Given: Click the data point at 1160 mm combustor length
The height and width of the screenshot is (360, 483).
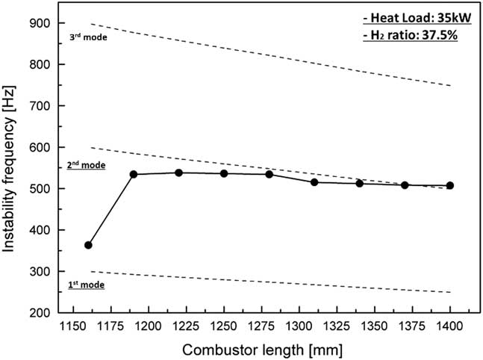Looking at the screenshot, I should coord(88,245).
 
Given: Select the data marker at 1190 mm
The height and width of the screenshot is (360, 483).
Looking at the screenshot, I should coord(134,175).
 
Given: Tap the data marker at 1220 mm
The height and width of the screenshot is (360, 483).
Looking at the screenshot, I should coord(179,173).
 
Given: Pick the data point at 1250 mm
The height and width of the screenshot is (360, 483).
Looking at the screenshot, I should coord(224,173).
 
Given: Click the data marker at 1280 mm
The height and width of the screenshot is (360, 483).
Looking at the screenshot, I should coord(269,174).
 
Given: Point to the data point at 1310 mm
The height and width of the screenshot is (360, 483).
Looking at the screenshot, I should coord(314,182).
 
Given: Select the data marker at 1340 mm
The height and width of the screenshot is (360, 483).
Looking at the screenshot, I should coord(359,183).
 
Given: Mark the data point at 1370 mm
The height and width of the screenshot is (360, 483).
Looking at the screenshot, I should coord(405,185).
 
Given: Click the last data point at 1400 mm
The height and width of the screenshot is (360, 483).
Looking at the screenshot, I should coord(450,185).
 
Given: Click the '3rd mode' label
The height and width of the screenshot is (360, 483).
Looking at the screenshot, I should coord(94,36).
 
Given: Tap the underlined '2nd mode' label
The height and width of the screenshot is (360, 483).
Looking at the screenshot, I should coord(86,164).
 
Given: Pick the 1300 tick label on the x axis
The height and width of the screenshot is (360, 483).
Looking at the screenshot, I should coord(299,326).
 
